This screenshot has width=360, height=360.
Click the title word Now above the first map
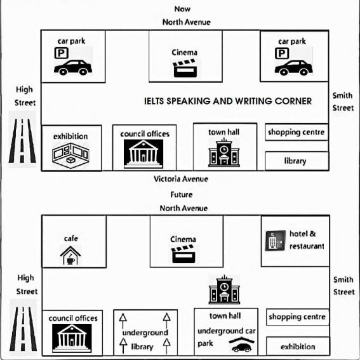[x=182, y=9]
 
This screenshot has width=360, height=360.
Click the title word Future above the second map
[x=182, y=195]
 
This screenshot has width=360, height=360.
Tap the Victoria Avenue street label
[x=181, y=179]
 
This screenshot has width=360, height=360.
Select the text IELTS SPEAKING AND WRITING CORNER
[x=228, y=101]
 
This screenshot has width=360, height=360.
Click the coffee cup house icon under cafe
[x=70, y=255]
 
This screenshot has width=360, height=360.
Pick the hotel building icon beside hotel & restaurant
[x=276, y=241]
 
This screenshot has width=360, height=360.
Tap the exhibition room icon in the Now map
[x=70, y=156]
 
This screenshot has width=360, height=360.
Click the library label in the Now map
[x=295, y=161]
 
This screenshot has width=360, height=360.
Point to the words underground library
[x=145, y=340]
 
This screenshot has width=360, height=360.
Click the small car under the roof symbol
[x=242, y=348]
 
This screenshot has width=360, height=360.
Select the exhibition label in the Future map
[x=298, y=347]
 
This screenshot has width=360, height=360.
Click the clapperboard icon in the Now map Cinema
[x=185, y=68]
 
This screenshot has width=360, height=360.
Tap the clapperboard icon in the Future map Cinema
[x=183, y=254]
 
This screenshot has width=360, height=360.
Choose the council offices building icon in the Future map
[x=72, y=338]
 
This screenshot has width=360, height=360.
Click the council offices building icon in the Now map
[x=143, y=154]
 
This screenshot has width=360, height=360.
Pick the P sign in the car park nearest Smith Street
[x=282, y=53]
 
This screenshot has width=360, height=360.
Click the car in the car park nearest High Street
[x=73, y=67]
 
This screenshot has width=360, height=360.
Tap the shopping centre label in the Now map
[x=296, y=132]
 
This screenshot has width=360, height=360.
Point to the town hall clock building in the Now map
[x=224, y=152]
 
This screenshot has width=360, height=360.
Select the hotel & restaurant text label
[x=307, y=240]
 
